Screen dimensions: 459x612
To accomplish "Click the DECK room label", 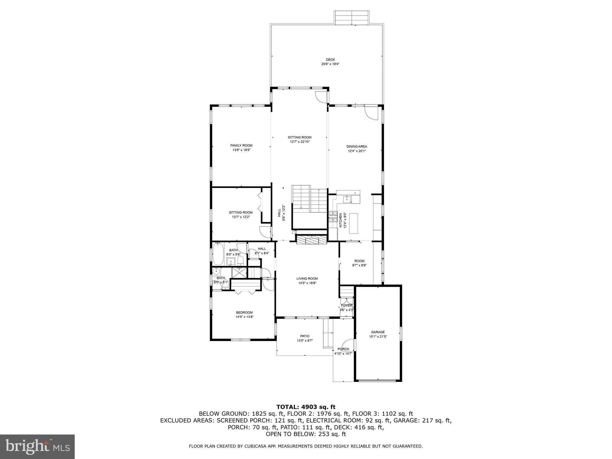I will (330, 60).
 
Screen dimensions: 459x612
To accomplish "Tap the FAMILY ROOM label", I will (241, 146).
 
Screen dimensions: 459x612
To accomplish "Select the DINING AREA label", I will (357, 146).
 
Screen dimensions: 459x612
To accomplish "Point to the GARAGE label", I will (378, 332).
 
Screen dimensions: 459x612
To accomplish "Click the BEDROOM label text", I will (244, 313).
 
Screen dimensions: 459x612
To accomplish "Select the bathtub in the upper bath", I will (218, 254).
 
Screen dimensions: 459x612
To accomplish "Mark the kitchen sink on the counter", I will (348, 199).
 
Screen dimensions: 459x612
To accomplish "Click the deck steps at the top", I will (352, 18).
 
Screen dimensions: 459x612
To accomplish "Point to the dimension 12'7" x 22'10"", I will (299, 142).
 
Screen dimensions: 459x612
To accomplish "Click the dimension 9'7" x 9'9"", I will (359, 265).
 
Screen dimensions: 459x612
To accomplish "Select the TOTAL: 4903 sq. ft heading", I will (306, 407).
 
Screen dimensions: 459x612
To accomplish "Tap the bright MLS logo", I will (37, 446).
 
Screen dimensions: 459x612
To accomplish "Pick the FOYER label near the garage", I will (346, 305).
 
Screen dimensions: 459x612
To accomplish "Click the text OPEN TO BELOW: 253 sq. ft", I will (306, 434).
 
